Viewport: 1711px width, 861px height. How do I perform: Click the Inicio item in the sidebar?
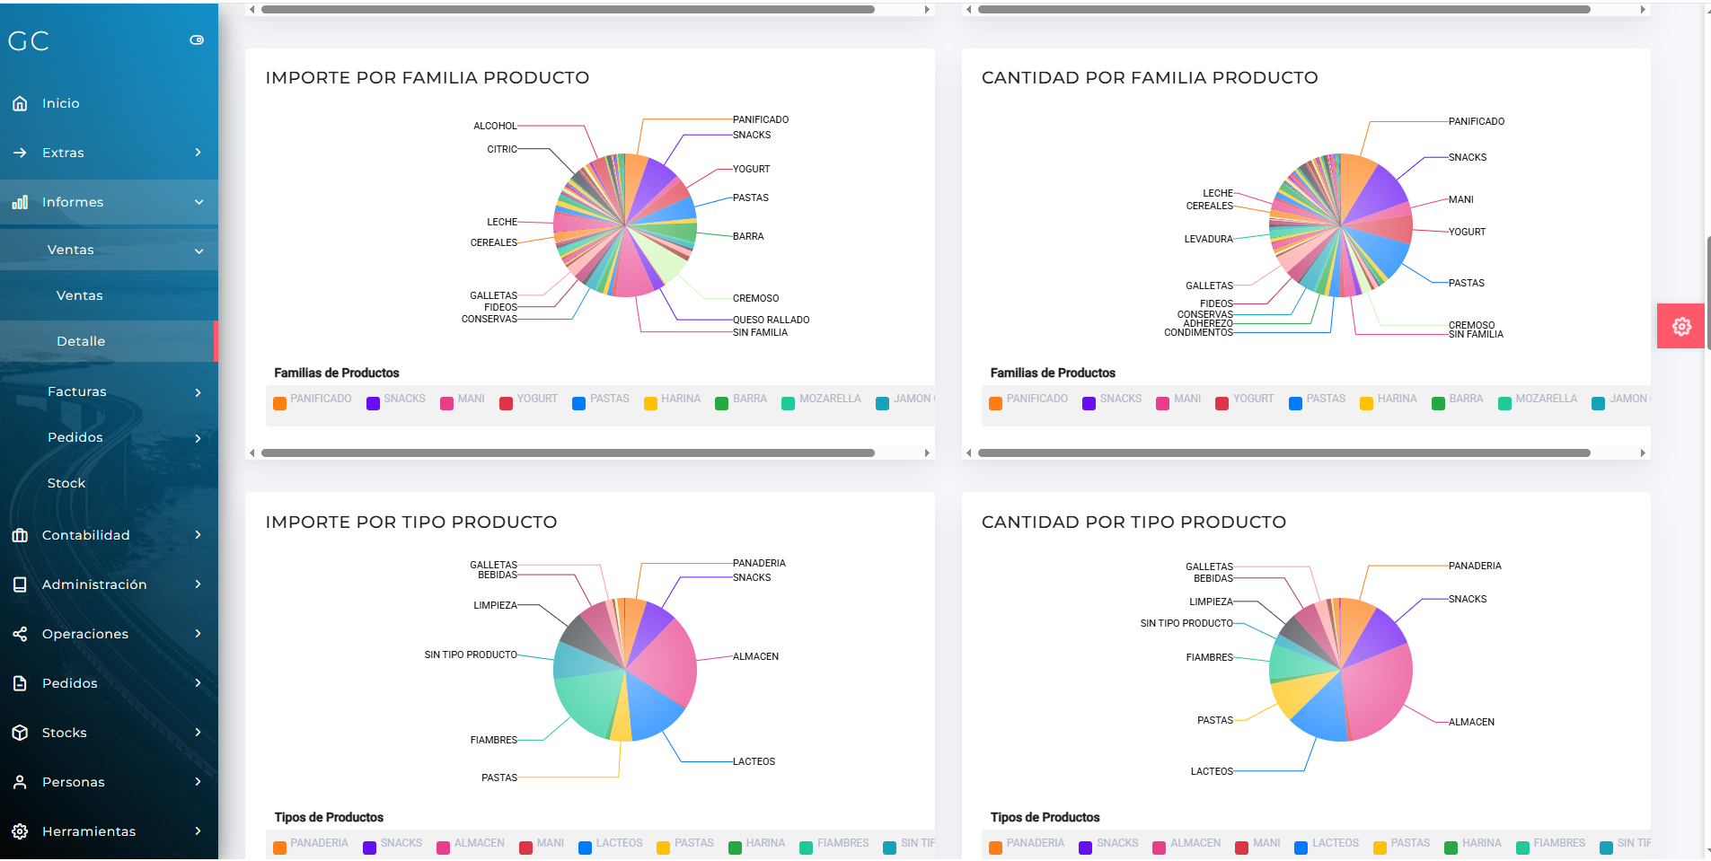coord(60,103)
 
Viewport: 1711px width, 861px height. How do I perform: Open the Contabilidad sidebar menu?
coord(85,535)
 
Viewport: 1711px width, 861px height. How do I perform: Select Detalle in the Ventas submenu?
coord(81,341)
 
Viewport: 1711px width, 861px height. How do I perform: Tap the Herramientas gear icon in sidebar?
coord(20,831)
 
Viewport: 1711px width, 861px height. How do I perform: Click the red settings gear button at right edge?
coord(1681,326)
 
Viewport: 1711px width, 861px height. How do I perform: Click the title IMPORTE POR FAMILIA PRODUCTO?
coord(427,78)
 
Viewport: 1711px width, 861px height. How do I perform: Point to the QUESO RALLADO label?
coord(771,320)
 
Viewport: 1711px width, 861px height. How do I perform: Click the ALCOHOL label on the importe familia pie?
coord(495,126)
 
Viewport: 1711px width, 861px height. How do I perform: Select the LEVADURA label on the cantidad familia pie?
coord(1208,239)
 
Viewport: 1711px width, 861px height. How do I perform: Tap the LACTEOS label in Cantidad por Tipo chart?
coord(1212,771)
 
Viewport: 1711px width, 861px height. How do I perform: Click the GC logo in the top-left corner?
coord(29,41)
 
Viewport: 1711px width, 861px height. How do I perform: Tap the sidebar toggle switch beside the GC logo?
coord(197,40)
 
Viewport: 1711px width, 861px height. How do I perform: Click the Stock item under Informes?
coord(66,483)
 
